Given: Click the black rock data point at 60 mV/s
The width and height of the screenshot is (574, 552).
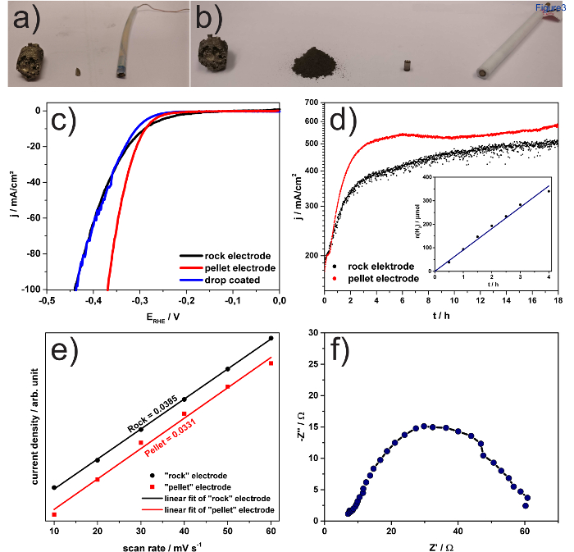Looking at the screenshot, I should [x=271, y=338].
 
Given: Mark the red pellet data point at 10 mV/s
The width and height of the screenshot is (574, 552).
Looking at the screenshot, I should [x=54, y=514].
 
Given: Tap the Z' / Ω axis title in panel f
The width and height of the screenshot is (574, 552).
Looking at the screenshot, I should [x=441, y=544].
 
